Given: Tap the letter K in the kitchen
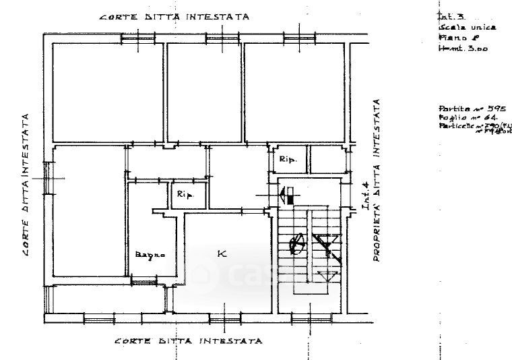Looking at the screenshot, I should [x=221, y=253].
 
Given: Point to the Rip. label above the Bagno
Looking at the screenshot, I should [x=185, y=195].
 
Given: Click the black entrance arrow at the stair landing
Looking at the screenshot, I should [x=285, y=197].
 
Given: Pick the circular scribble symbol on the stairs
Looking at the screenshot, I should [x=296, y=243].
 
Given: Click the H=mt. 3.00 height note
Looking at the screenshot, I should [x=463, y=49].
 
